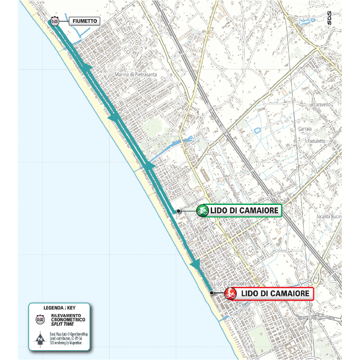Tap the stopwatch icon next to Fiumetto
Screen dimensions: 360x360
tap(55, 21)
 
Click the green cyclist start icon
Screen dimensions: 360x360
tap(203, 210)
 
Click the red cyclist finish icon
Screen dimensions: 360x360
tap(231, 293)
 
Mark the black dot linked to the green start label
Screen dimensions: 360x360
tap(179, 211)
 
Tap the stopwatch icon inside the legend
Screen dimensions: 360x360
tap(40, 319)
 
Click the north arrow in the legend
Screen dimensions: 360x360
tap(40, 338)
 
